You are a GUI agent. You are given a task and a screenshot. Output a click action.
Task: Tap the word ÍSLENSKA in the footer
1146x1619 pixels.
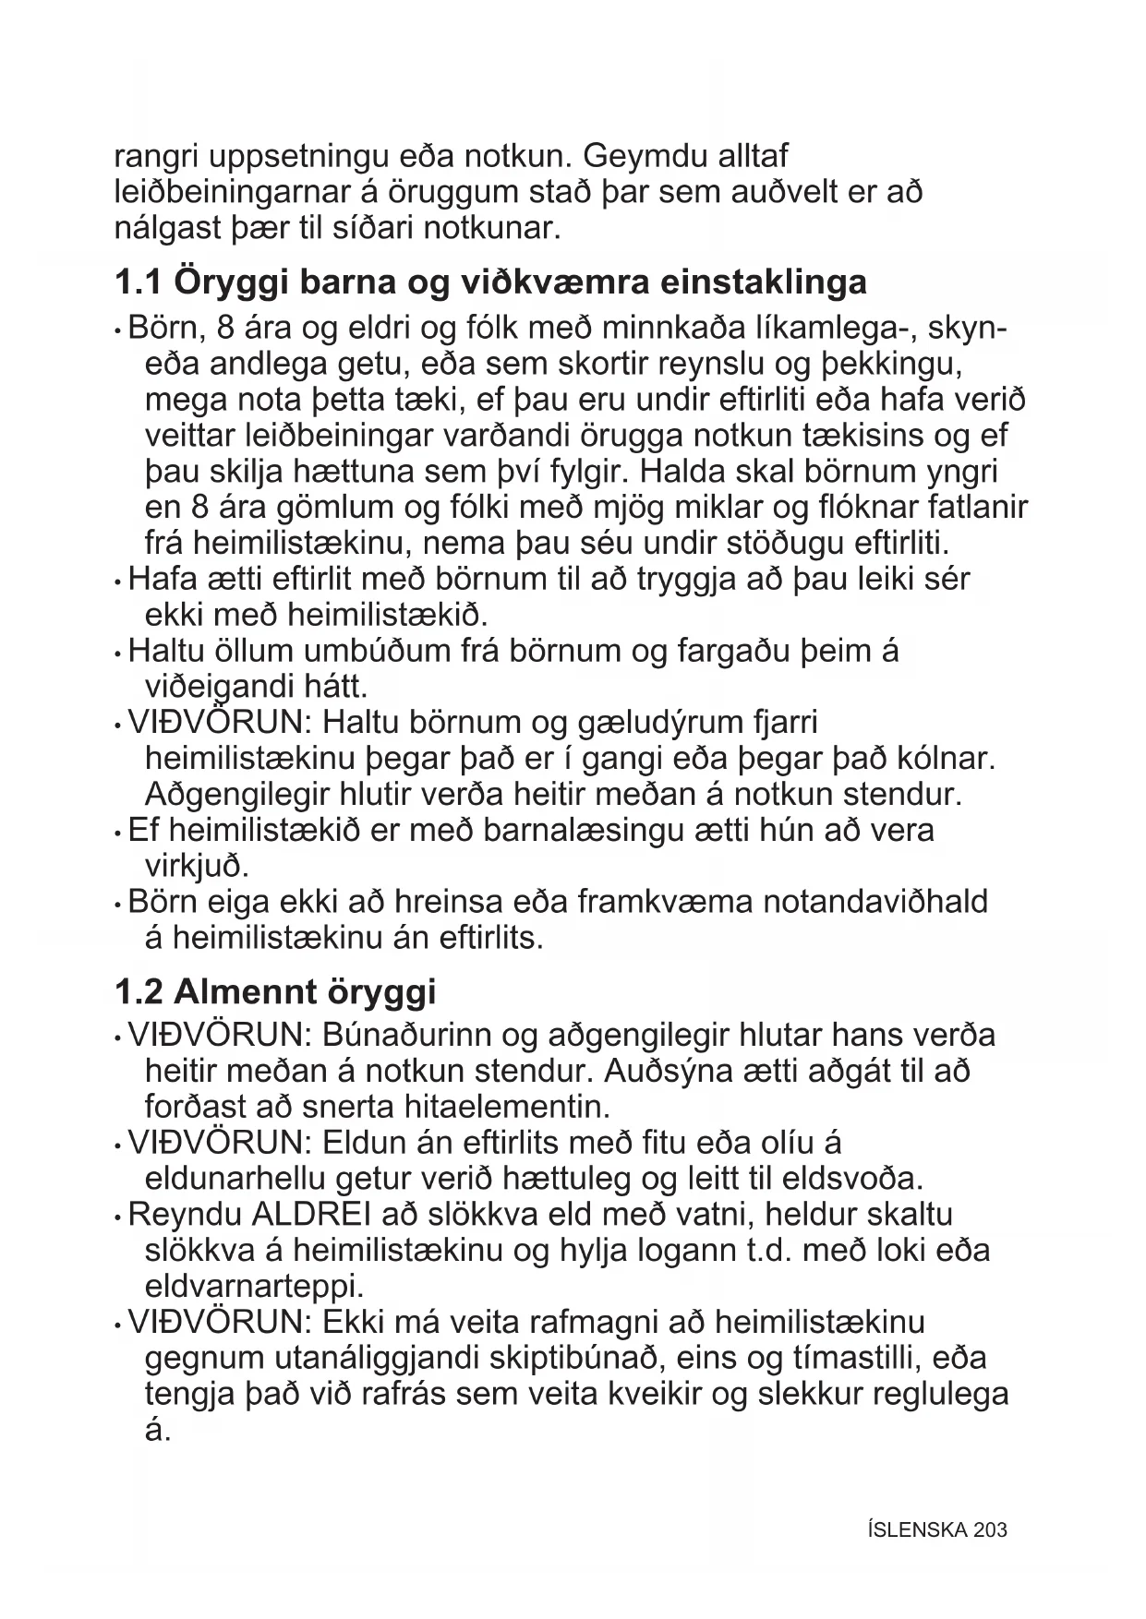(917, 1529)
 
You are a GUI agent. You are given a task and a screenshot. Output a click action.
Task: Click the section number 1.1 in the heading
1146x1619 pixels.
(139, 282)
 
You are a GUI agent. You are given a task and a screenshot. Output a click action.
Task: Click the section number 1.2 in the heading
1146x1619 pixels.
(139, 991)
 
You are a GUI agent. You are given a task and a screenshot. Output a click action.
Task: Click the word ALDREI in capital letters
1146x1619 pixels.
(305, 1215)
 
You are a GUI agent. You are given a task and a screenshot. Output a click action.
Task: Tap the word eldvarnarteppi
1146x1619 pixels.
(254, 1286)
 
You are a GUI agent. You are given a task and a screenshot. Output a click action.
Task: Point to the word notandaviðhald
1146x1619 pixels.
(875, 902)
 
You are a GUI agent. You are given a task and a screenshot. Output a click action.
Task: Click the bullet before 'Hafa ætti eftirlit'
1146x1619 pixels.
(118, 582)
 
